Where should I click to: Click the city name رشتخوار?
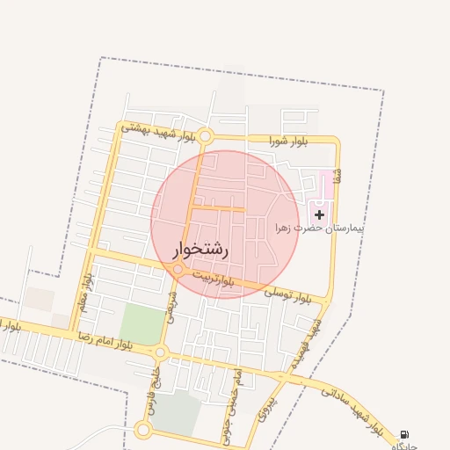[201, 250]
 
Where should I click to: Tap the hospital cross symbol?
[319, 214]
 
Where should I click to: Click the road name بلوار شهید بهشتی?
[159, 131]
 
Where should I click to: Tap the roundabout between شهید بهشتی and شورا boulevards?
[206, 136]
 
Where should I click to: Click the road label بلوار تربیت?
[214, 279]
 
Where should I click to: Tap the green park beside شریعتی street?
[141, 324]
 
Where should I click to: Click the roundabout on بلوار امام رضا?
[161, 352]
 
